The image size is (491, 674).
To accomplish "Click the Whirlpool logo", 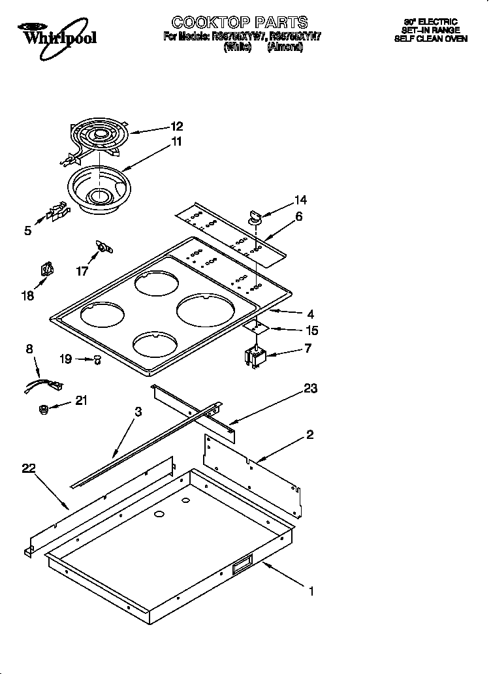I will pos(57,34).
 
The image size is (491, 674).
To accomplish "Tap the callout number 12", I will pos(177,127).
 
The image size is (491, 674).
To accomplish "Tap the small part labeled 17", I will pos(103,246).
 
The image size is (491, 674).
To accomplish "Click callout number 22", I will pos(28,468).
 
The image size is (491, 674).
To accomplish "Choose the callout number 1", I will pos(312,592).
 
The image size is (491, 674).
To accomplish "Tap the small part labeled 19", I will pos(97,359).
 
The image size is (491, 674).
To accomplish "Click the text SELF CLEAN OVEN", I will pos(430,39).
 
